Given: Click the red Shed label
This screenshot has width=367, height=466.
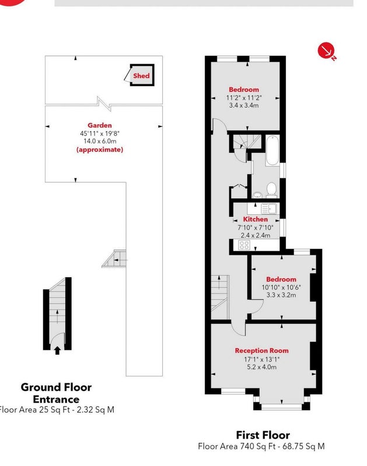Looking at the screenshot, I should coord(142,76).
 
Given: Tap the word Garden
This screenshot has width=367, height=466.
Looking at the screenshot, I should coord(99,125).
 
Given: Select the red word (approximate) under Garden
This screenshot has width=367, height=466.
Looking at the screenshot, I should coord(99,150).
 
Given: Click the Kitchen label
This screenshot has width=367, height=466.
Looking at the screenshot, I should coord(256,219).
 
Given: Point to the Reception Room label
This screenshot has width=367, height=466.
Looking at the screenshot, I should coord(261,350).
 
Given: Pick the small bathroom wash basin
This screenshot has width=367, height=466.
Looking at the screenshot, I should coord(257,195).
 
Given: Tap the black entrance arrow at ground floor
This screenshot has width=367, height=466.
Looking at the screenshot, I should coord(57,349).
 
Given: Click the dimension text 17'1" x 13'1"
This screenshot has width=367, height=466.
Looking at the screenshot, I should coord(261,359).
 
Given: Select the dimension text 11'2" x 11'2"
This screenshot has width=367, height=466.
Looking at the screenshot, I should coord(243,98).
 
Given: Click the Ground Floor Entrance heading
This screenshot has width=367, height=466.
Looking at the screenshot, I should coord(56,393).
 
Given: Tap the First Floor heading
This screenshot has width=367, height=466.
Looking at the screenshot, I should coord(263,435).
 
